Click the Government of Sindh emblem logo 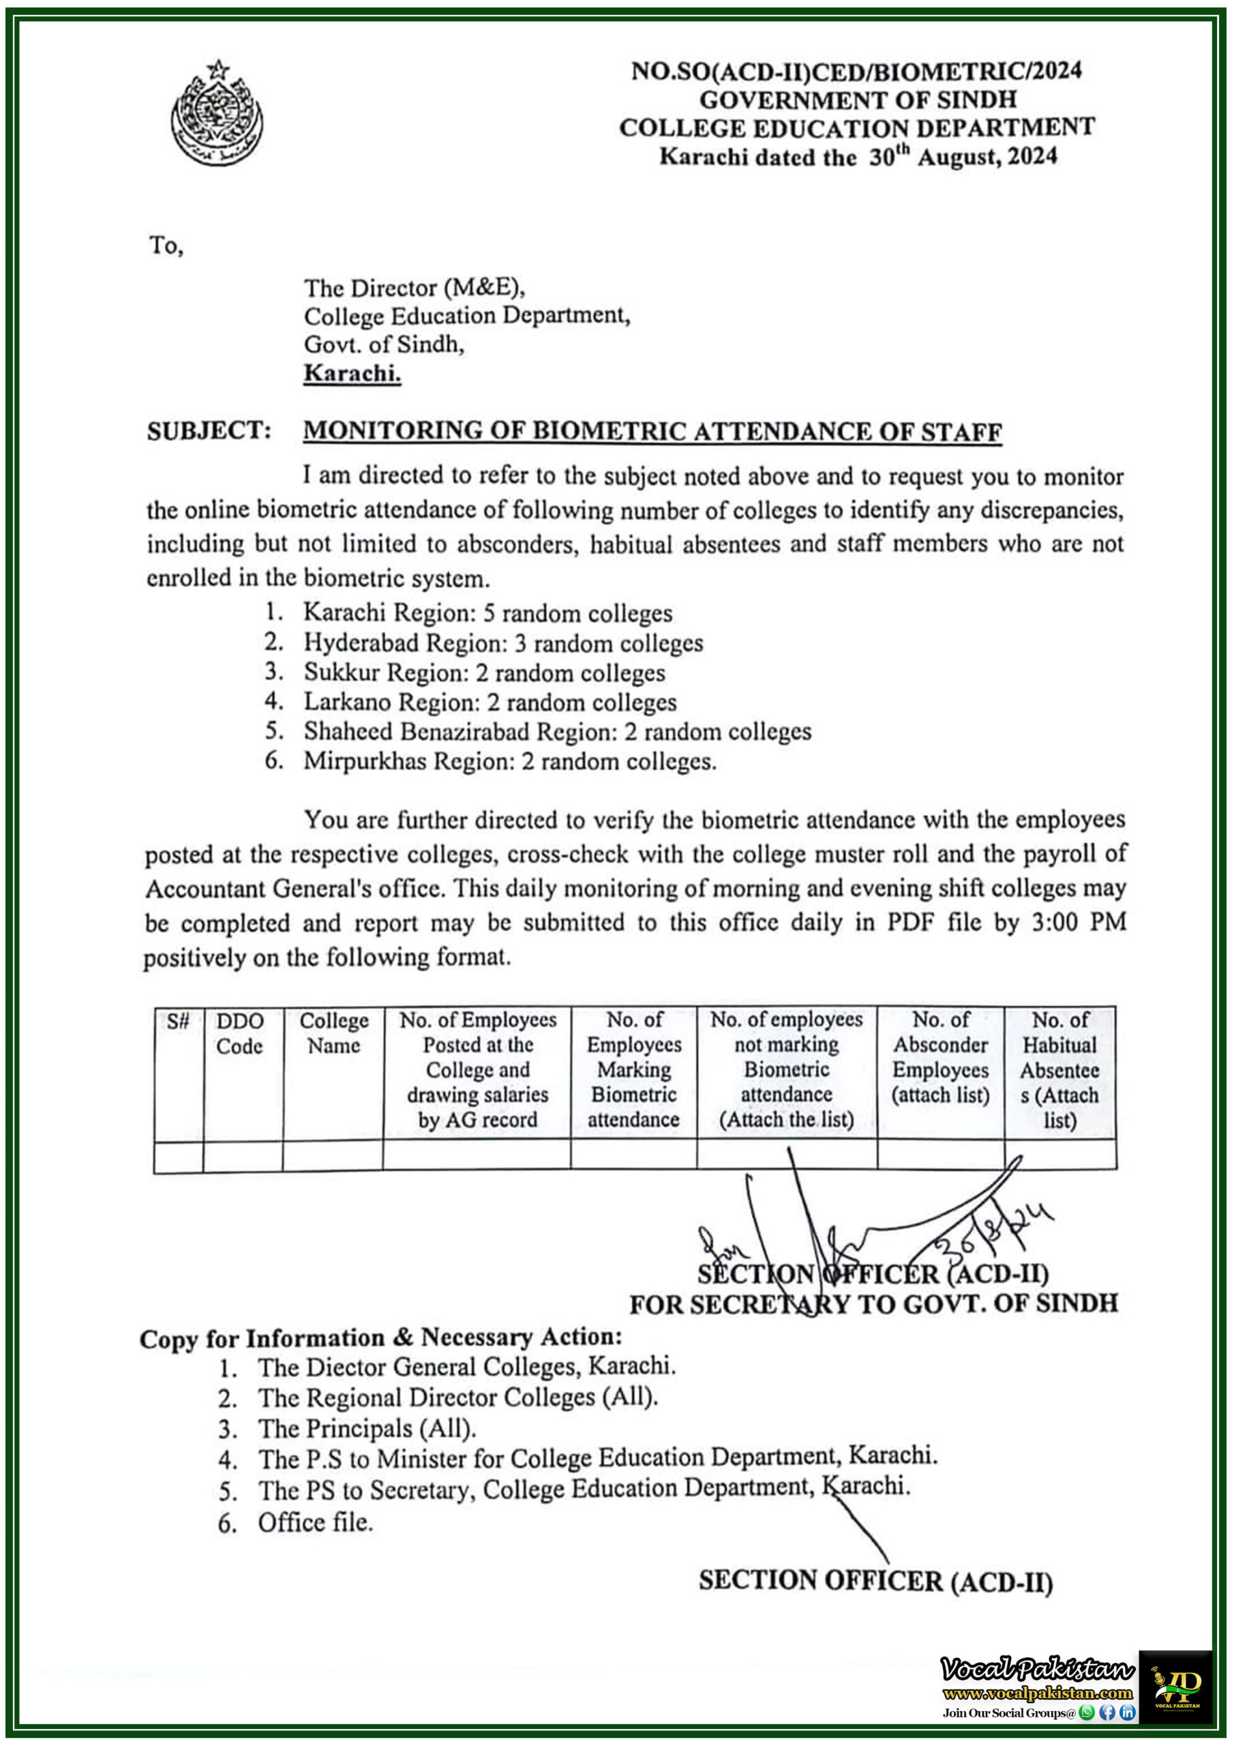point(217,114)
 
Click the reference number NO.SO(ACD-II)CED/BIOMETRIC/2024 point(856,72)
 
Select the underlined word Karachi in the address point(352,373)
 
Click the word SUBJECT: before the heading point(209,431)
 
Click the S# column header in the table point(178,1021)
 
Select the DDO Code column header point(239,1033)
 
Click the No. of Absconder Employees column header point(941,1057)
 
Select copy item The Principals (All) point(367,1429)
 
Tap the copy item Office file point(315,1523)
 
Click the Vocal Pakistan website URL point(1037,1693)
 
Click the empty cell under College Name point(332,1157)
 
